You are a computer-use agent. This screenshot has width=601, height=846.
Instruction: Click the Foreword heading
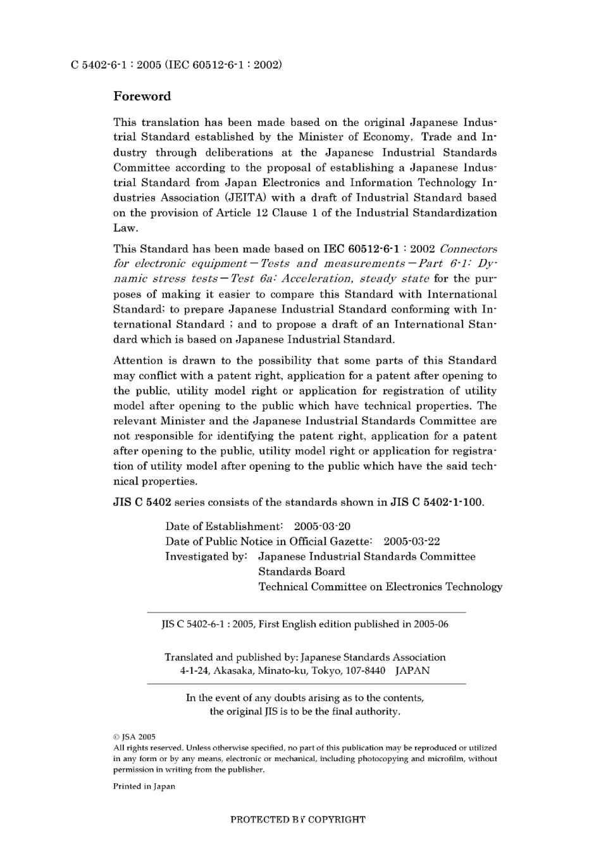click(x=142, y=97)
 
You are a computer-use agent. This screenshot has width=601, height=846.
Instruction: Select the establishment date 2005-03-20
click(x=322, y=527)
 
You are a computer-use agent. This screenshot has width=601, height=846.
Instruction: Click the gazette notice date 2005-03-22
click(x=411, y=542)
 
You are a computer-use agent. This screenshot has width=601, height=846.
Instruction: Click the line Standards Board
click(x=301, y=572)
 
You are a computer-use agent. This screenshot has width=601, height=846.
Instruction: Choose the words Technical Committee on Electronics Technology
click(x=380, y=587)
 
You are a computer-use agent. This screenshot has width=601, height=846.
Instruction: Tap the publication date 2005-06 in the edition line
click(x=431, y=624)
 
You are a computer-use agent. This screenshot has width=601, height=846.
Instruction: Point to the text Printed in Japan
click(x=144, y=786)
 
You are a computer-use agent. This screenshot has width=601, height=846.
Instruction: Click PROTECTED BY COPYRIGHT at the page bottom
click(x=297, y=820)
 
